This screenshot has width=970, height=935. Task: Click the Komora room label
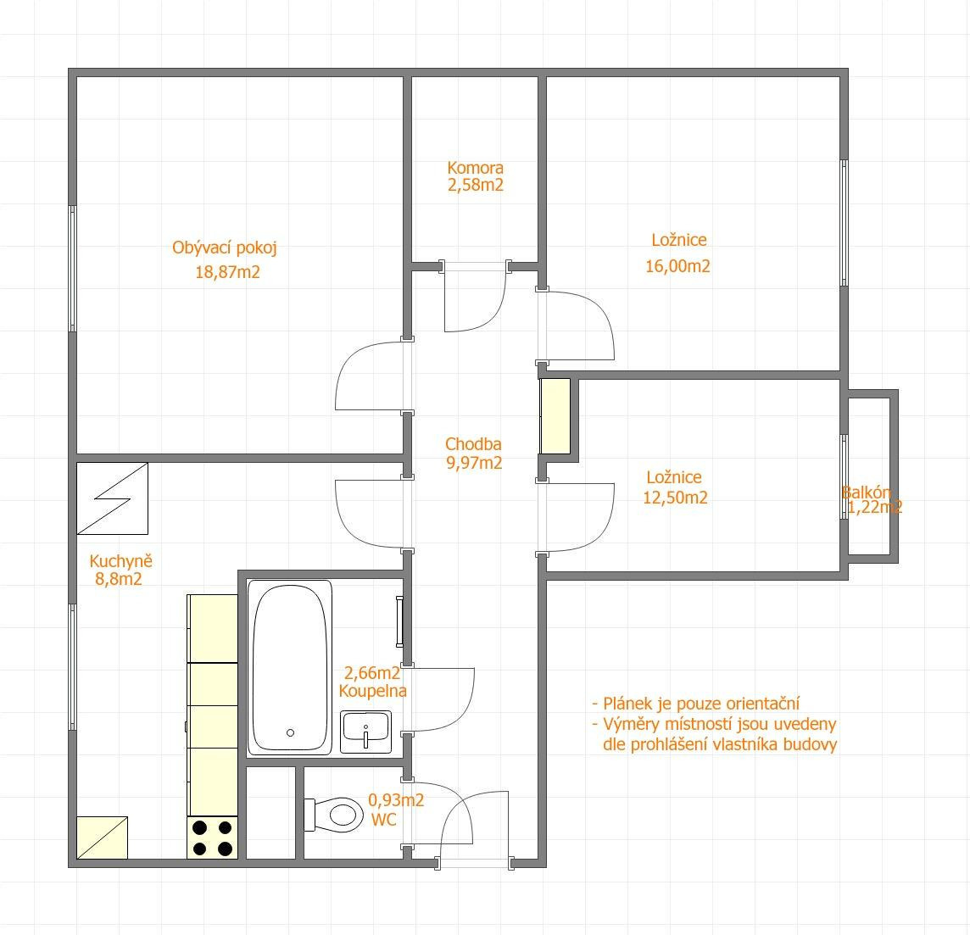tap(475, 168)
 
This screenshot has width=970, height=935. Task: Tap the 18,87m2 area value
tap(227, 272)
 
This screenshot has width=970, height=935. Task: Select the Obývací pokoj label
tap(224, 248)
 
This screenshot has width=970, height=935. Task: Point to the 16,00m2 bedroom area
tap(677, 266)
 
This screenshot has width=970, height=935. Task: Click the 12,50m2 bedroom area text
tap(675, 498)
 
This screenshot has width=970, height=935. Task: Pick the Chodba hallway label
tap(473, 444)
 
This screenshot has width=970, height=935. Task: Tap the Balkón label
tap(866, 493)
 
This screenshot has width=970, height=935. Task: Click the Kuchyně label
tap(120, 561)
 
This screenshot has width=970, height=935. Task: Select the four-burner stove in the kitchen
tap(212, 838)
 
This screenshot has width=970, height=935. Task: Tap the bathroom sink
tap(365, 732)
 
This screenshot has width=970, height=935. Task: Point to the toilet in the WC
tap(334, 815)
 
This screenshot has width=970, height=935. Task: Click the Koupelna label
tap(372, 691)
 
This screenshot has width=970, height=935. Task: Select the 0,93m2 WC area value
tap(396, 800)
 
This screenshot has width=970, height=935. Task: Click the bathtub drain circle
tap(290, 732)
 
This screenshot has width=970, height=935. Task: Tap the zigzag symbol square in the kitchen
tap(113, 498)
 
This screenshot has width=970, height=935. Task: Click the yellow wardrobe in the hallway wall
tap(555, 416)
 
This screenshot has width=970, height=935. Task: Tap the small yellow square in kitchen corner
tap(102, 838)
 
